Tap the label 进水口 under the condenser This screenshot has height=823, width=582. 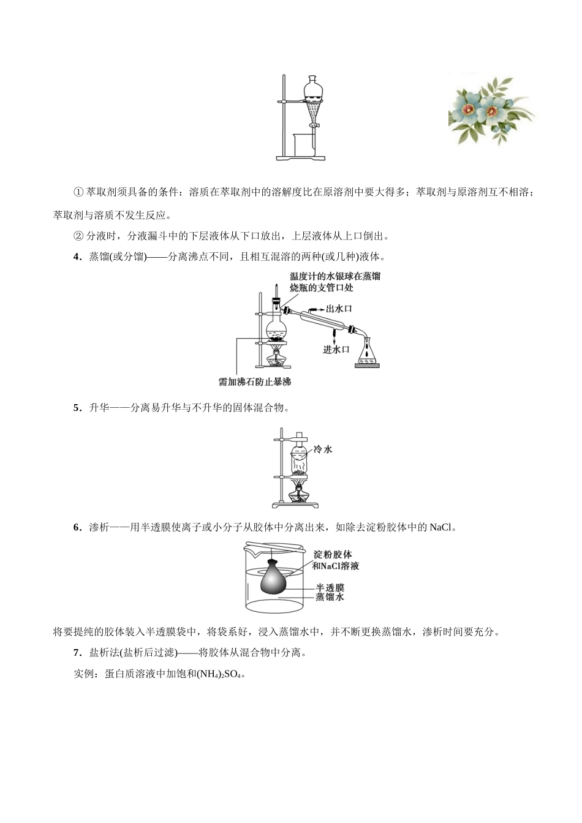coord(336,349)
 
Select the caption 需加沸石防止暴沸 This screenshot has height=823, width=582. coord(254,381)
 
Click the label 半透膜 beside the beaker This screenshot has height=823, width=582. coord(330,587)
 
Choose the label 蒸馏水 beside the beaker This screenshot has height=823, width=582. coord(330,596)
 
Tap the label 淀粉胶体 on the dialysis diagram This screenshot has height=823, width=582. coord(333,554)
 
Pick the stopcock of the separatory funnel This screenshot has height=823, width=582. coord(314,126)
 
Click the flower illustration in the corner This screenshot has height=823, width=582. coord(491,110)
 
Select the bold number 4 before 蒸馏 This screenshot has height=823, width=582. coord(77,257)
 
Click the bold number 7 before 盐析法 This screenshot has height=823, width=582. coord(77,653)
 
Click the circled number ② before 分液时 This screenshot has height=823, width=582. coord(78,236)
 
